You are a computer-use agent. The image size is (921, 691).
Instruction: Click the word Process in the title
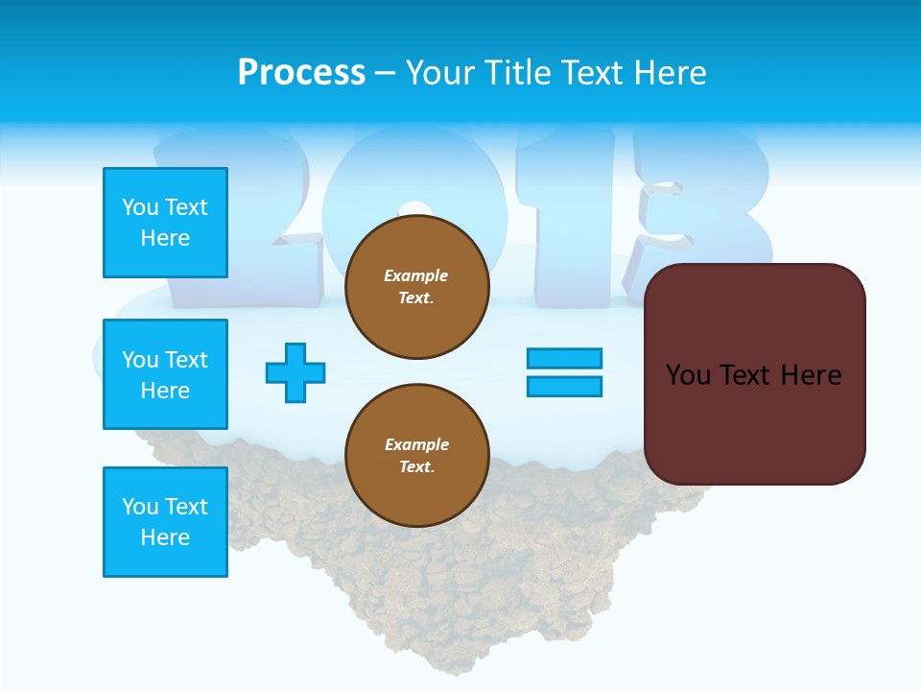tap(301, 72)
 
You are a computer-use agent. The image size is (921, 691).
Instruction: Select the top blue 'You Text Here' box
tap(165, 223)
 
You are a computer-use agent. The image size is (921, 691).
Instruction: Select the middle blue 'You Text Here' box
tap(165, 374)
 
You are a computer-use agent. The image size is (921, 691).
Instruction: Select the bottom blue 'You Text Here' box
tap(165, 522)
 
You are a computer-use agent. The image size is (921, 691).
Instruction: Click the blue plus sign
tap(295, 372)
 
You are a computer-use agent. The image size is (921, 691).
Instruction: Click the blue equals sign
tap(564, 372)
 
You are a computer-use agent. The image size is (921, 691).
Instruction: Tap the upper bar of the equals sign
tap(564, 358)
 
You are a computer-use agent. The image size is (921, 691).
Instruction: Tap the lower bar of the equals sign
tap(564, 387)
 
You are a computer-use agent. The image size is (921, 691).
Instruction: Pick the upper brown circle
tap(417, 287)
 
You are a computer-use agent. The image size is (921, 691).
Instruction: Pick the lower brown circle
tap(417, 456)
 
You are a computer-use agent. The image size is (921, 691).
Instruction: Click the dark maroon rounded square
tap(755, 374)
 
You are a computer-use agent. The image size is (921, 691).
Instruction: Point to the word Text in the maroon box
tap(748, 375)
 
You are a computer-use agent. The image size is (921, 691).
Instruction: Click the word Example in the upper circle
tap(416, 275)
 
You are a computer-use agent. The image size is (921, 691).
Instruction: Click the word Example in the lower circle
tap(416, 444)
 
